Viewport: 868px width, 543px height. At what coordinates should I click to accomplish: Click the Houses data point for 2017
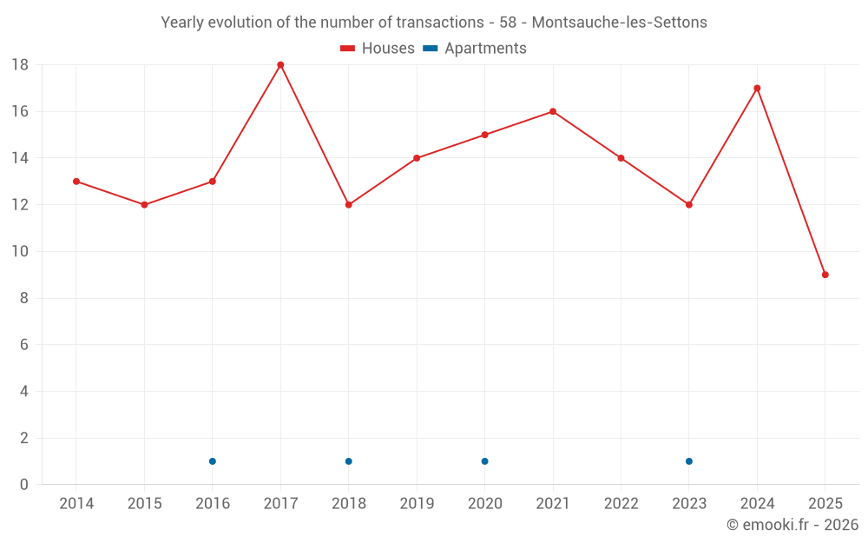280,65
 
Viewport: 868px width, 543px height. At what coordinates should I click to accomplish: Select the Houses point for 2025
825,275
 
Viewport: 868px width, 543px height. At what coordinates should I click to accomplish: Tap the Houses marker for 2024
757,88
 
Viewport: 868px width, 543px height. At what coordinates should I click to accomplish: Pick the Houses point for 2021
553,111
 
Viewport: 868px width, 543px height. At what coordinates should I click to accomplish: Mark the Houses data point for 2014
76,182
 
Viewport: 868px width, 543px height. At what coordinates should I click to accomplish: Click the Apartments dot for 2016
213,461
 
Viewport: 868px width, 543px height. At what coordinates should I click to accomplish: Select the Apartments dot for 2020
484,461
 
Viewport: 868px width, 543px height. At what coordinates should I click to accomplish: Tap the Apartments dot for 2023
689,461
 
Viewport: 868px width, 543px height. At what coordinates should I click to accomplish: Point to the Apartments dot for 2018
349,461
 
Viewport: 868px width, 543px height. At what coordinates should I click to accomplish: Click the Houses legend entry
378,49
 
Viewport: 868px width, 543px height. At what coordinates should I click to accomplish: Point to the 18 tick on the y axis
20,65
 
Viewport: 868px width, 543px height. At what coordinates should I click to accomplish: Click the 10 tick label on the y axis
20,252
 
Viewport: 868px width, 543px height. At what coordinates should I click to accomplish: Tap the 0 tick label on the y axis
24,485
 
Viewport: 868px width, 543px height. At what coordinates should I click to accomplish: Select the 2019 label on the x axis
417,504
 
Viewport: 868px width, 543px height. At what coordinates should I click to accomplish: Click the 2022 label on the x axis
621,504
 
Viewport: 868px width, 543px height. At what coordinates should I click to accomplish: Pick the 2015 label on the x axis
144,504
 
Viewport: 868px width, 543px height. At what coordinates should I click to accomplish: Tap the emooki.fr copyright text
792,525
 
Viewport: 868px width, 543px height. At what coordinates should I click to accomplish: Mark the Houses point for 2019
417,158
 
